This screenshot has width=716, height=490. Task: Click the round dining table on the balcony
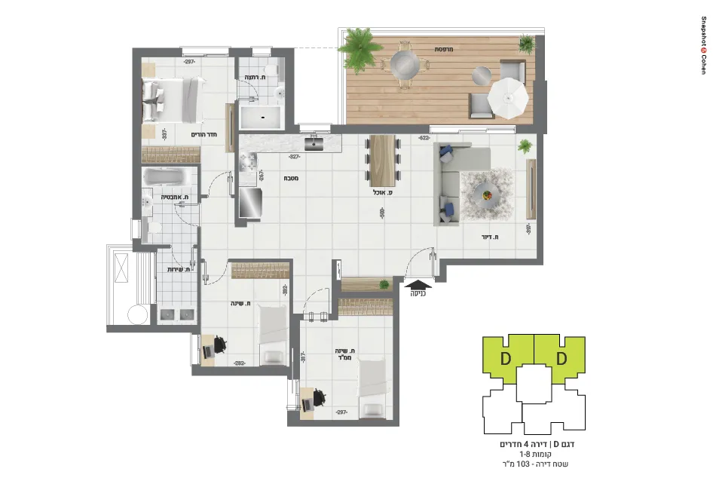coord(403,63)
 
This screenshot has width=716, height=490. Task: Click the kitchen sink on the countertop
coord(314,141)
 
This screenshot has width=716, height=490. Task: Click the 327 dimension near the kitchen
coord(295,157)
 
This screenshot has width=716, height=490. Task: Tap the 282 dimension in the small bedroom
coord(240,363)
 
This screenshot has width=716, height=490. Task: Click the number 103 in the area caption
coord(540,464)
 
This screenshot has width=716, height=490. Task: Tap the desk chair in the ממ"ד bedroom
coord(321,397)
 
